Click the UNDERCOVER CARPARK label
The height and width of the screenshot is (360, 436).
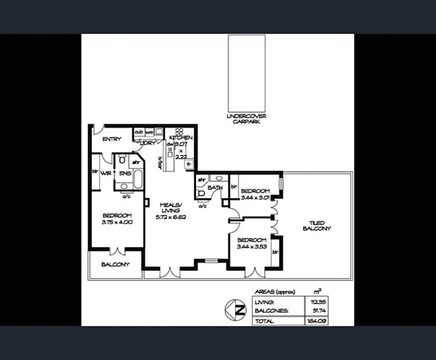coord(247,118)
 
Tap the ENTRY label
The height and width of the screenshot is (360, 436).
coord(112,139)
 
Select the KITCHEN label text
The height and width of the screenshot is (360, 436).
coord(181,137)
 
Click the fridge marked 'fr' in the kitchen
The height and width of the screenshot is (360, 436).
coord(188,164)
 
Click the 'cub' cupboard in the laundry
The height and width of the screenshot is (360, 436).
coord(139,132)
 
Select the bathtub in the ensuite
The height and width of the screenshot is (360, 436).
coord(138,179)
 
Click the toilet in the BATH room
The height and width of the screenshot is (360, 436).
coord(200,194)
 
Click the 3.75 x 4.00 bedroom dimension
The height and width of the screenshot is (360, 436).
coord(117,222)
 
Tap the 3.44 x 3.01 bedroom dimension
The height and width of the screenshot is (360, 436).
coord(255,197)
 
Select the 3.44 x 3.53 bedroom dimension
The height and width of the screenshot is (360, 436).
coord(253,246)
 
